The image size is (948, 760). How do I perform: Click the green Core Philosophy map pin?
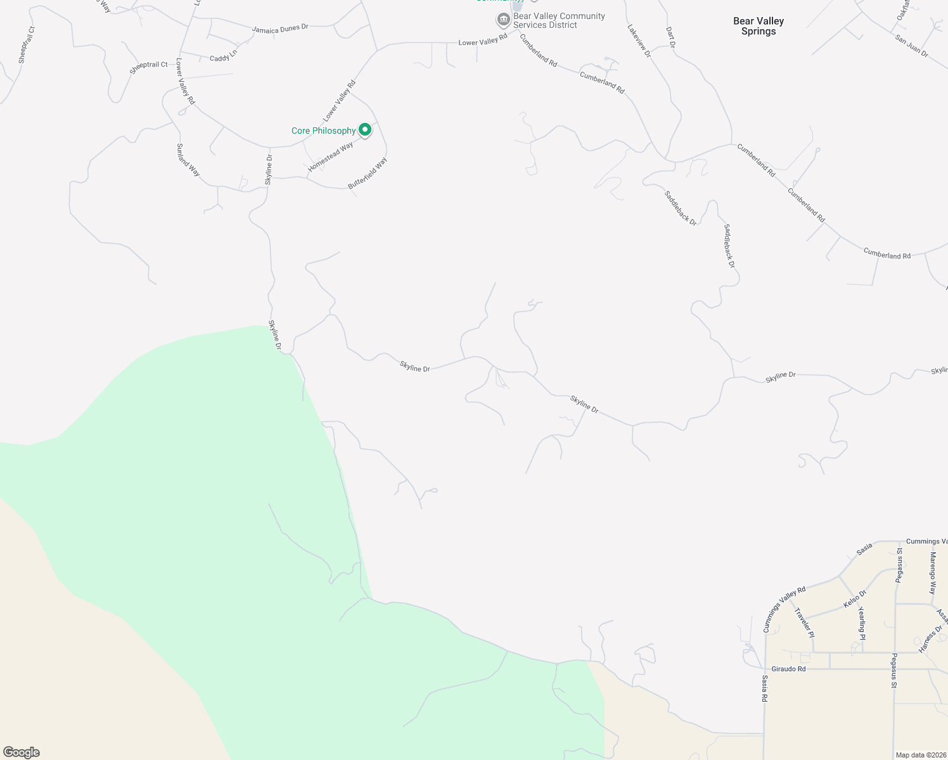[365, 130]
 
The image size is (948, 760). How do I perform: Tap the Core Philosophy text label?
[323, 131]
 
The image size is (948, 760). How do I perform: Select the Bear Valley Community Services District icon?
[503, 20]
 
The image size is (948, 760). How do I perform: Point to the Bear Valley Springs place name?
[759, 26]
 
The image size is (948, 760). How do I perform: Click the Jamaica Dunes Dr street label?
[280, 28]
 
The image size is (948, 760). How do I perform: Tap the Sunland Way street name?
[188, 160]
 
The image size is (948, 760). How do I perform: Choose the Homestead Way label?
[330, 157]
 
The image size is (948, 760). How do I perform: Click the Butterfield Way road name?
[368, 174]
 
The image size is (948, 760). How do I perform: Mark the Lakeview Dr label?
[639, 41]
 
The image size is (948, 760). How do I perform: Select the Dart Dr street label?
[671, 37]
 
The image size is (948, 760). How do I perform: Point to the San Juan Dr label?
[912, 46]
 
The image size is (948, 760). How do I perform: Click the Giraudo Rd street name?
[788, 669]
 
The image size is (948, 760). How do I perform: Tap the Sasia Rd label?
[765, 688]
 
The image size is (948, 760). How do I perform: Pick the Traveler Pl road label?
[804, 623]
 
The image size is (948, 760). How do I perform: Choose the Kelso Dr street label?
[855, 598]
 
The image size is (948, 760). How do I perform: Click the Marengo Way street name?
[932, 573]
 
